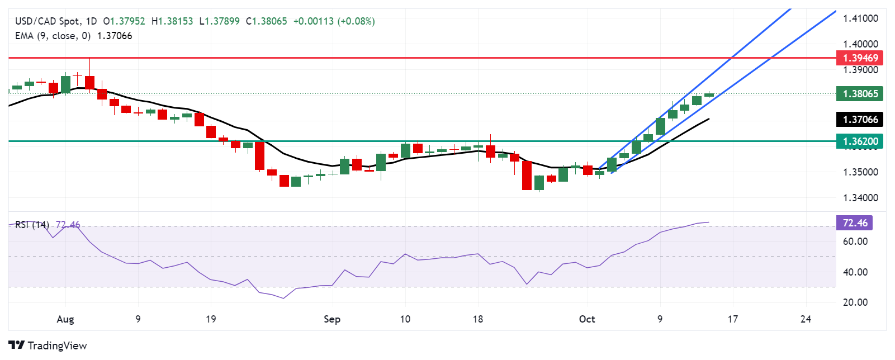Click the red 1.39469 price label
coord(860,58)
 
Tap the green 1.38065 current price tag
coord(860,94)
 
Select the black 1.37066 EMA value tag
coord(860,120)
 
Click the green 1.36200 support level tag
coord(860,141)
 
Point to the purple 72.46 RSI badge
coord(854,223)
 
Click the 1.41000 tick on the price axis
coord(860,18)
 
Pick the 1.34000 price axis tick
coord(860,198)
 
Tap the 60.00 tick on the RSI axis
coord(855,241)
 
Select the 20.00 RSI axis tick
coord(855,302)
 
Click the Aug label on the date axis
coord(65,319)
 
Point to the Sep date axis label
coord(332,319)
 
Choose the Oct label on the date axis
coord(587,319)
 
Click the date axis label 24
coord(806,319)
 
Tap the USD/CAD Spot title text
coord(47,21)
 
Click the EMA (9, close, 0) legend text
coord(53,36)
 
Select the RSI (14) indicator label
coord(32,225)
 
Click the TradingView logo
coord(48,345)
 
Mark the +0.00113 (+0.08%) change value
coord(334,21)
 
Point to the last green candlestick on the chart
coord(709,95)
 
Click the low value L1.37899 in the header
coord(219,21)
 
